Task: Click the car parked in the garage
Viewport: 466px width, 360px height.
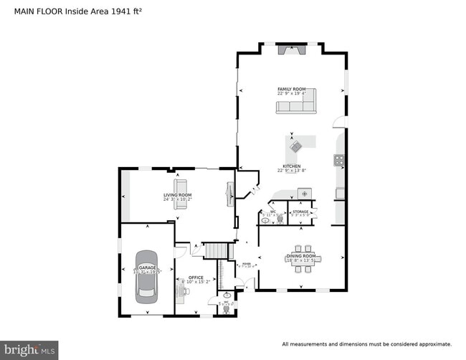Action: [x=147, y=274]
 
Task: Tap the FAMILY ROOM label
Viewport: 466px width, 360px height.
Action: [x=291, y=89]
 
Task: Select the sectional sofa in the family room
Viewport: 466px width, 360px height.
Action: [x=296, y=107]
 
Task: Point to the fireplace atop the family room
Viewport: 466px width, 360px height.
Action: [x=291, y=50]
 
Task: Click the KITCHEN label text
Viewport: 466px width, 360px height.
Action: [x=291, y=166]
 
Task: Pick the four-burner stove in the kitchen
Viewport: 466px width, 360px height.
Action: [x=338, y=160]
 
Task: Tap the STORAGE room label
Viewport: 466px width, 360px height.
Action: [x=300, y=212]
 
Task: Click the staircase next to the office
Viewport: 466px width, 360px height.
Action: [x=216, y=251]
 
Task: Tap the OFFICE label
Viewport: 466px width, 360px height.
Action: [x=196, y=278]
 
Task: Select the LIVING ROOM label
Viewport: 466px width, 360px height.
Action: [x=177, y=195]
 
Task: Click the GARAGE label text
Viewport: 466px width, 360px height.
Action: [x=147, y=267]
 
